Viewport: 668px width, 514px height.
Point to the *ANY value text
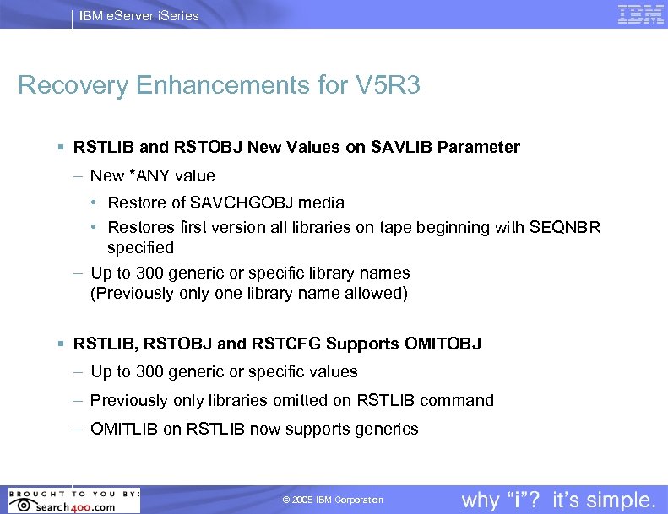pyautogui.click(x=172, y=176)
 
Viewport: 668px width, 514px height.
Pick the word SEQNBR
pyautogui.click(x=565, y=228)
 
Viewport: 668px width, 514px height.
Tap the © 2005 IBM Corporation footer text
pyautogui.click(x=333, y=500)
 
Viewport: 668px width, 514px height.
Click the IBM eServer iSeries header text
pyautogui.click(x=139, y=15)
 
